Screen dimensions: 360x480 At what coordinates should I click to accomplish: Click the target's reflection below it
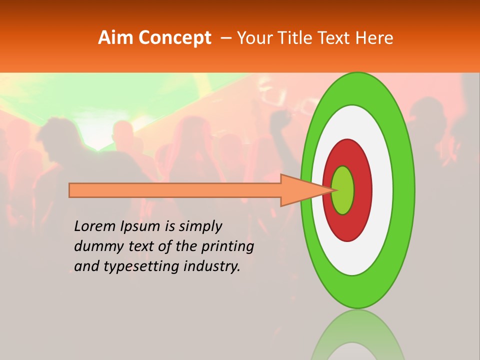point(357,335)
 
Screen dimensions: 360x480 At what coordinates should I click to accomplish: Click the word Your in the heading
point(253,38)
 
